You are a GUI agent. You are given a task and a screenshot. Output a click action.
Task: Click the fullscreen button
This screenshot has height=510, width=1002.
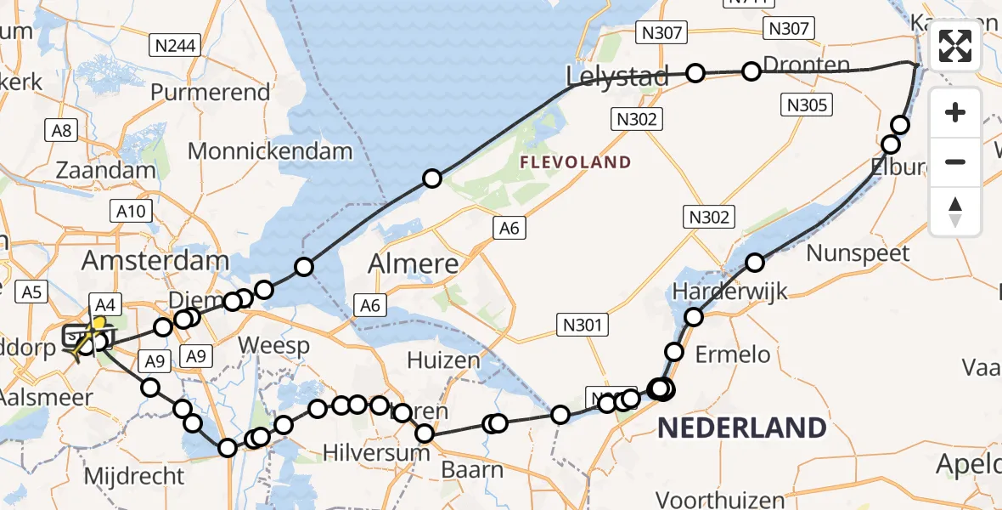tap(955, 46)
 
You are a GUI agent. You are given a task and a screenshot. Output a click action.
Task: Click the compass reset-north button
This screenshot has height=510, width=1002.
tap(955, 212)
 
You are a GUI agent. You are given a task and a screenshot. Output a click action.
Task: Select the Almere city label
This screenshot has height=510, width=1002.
tap(414, 263)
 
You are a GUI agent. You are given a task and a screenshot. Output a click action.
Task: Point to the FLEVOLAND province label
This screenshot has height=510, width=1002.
tap(576, 162)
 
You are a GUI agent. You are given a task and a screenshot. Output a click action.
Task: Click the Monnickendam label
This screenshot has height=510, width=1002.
tap(270, 151)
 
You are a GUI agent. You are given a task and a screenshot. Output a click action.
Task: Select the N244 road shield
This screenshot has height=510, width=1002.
tap(175, 45)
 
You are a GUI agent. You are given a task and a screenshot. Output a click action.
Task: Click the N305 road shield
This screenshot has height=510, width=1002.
tap(807, 105)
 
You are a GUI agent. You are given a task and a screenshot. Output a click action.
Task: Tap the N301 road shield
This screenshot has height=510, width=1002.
tap(583, 323)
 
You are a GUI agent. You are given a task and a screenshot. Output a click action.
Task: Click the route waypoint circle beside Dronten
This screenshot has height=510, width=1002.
tap(751, 71)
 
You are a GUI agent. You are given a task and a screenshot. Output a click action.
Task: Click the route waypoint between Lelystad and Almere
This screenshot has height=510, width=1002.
tap(432, 178)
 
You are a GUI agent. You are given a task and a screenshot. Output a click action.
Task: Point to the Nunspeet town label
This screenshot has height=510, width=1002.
tap(858, 252)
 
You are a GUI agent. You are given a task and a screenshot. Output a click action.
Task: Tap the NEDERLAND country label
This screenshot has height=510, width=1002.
tap(741, 428)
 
